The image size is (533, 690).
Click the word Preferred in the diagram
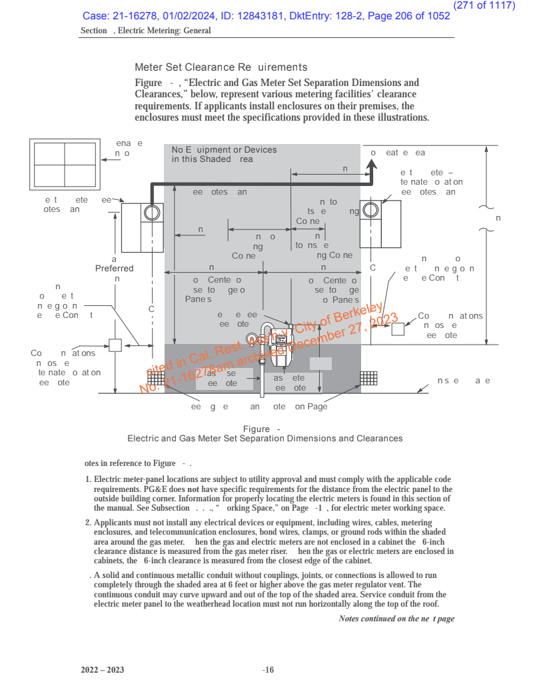point(115,269)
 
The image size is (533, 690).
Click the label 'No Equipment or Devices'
point(224,150)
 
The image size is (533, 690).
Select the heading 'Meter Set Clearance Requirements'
point(221,67)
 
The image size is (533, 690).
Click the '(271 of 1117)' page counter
point(484,5)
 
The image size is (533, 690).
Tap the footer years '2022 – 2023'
point(103,670)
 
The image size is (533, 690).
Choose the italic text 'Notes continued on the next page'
point(396,619)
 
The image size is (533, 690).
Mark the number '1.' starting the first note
point(89,480)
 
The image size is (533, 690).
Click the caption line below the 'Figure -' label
point(265,439)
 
